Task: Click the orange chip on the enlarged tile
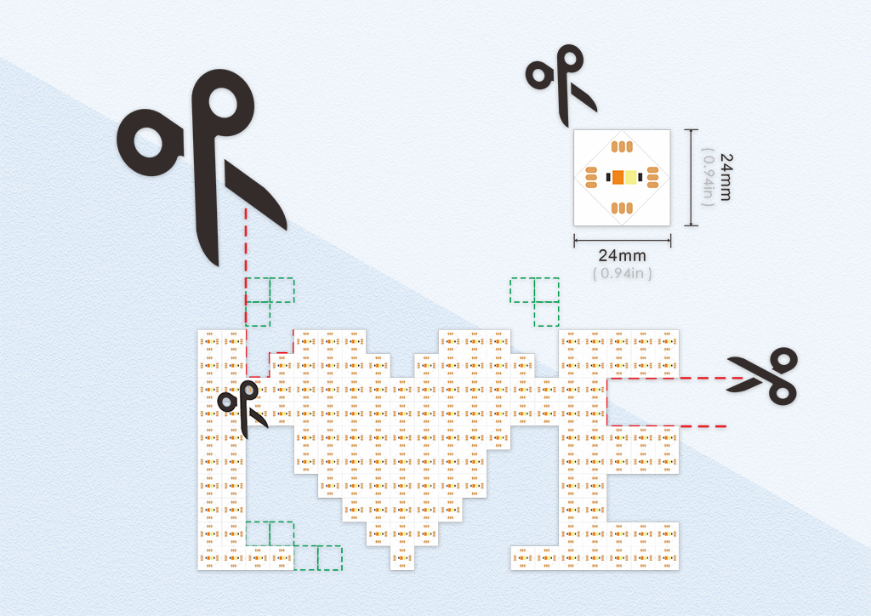[618, 177]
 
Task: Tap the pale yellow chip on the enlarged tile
[630, 177]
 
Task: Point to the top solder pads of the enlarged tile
[622, 146]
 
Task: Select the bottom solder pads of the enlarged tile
[622, 208]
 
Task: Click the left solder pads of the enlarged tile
[591, 177]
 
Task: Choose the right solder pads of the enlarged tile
[652, 177]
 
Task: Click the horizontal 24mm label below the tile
[622, 256]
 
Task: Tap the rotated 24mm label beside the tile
[726, 177]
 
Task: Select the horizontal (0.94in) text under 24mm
[622, 273]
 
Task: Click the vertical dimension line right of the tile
[691, 177]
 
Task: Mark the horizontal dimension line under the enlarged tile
[622, 241]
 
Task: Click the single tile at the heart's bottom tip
[402, 557]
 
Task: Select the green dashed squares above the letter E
[535, 301]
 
